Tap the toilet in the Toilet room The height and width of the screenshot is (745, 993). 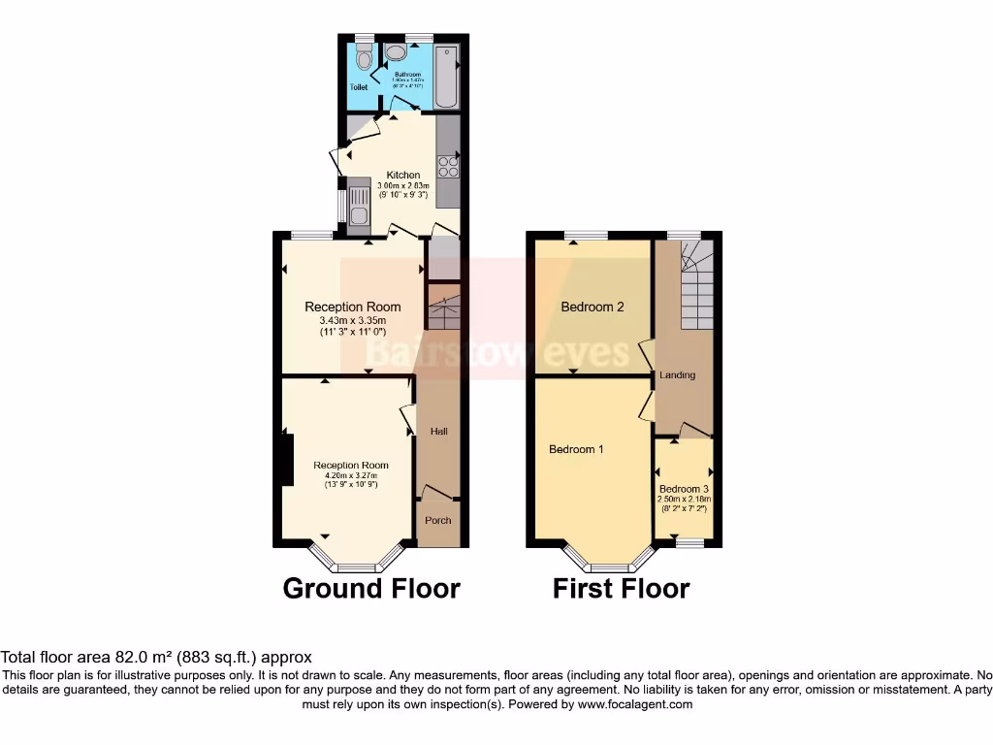(x=364, y=59)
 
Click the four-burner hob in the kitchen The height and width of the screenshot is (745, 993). (x=447, y=166)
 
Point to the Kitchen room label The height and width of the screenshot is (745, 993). (x=403, y=175)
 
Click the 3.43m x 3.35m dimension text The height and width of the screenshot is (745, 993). (x=353, y=321)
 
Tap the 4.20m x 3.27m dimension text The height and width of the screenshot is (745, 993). (x=350, y=475)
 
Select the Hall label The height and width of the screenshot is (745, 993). (x=438, y=431)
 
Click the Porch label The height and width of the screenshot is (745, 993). (x=438, y=520)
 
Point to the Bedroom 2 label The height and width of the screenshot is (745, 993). (x=593, y=307)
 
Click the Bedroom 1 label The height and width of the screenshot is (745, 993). (x=576, y=449)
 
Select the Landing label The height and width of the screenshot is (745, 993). (x=677, y=374)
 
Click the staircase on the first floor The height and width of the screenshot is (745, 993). (x=695, y=288)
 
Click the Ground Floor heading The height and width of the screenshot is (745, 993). (x=371, y=588)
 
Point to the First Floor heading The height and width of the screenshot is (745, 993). (x=621, y=588)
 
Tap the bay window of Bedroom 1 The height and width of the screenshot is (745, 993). (x=609, y=564)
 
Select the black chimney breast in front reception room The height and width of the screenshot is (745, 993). (x=287, y=460)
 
